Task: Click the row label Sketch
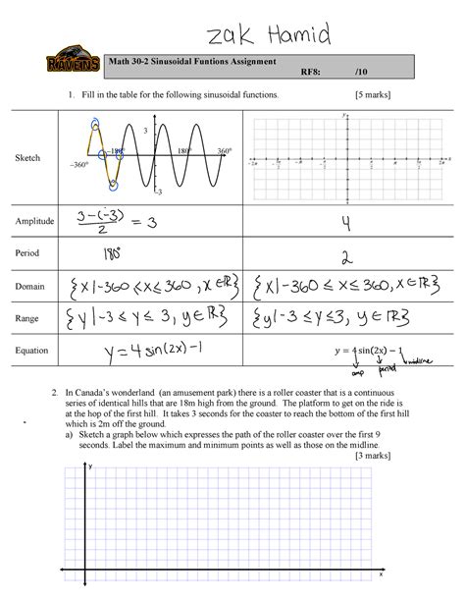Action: pyautogui.click(x=27, y=157)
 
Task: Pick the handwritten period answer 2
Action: pyautogui.click(x=343, y=254)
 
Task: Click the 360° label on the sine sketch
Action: pyautogui.click(x=224, y=152)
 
